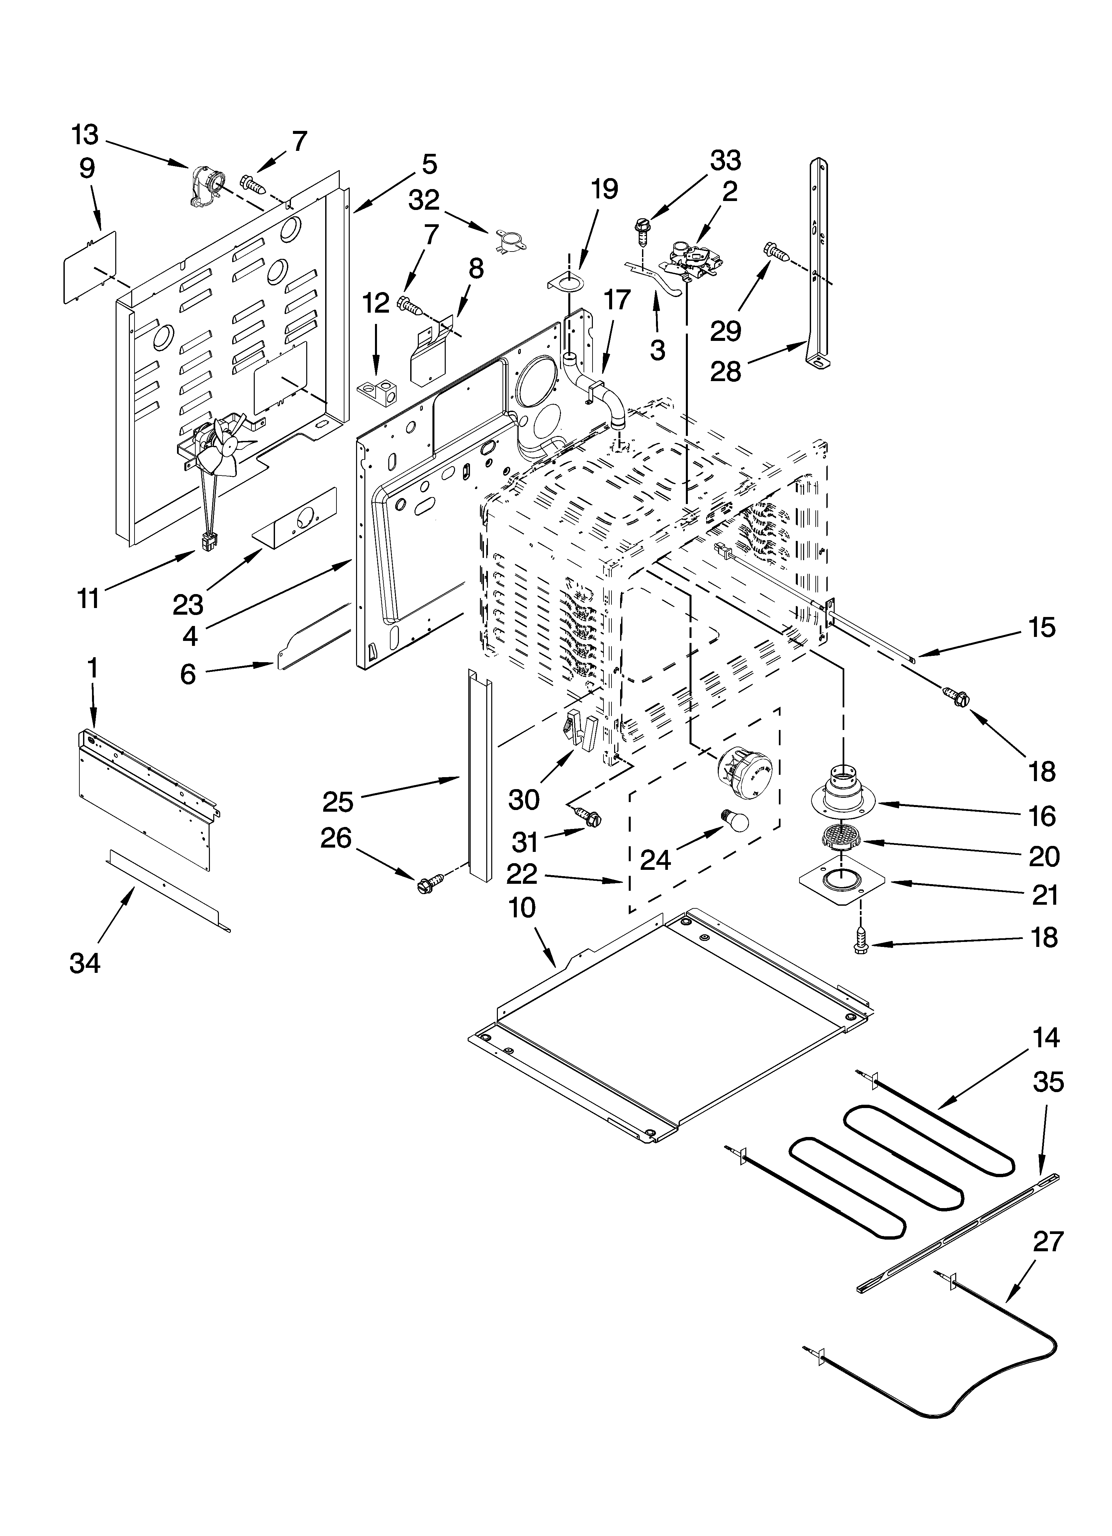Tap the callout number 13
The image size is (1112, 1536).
click(x=85, y=136)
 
